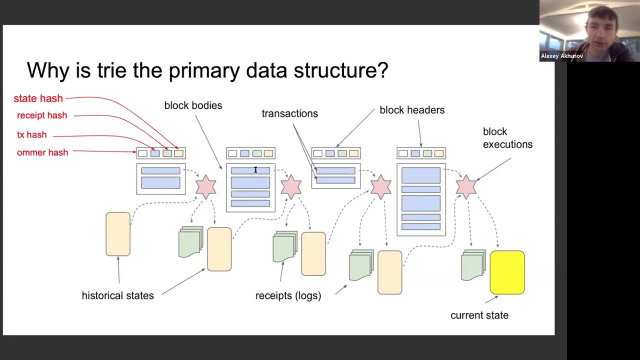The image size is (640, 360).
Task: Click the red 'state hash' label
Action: tap(38, 98)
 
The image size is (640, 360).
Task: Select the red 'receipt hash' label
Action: tap(42, 115)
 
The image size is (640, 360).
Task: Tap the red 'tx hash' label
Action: tap(31, 134)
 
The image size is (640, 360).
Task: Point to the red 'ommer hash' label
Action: tap(42, 152)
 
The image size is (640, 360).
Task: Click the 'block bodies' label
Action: tap(193, 105)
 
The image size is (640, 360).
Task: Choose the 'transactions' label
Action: tap(289, 113)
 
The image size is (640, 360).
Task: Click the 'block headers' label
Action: tap(412, 110)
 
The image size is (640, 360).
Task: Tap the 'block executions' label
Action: tap(507, 138)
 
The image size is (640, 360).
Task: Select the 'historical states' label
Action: tap(117, 295)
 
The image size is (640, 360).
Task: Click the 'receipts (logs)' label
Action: tap(288, 295)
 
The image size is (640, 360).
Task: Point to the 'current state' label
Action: tap(479, 315)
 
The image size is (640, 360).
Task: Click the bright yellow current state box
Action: tap(507, 272)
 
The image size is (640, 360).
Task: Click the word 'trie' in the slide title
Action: tap(111, 70)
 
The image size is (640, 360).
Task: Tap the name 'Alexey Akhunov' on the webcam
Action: tap(561, 56)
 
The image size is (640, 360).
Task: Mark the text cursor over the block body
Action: tap(255, 170)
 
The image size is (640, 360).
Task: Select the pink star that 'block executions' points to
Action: tap(466, 187)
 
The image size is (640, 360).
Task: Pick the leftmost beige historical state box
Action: tap(118, 234)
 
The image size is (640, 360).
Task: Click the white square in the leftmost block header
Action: tap(143, 153)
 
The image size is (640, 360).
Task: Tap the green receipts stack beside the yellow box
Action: tap(473, 265)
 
